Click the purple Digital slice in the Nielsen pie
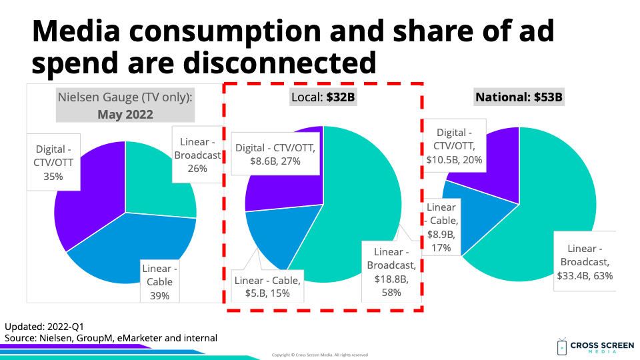(87, 200)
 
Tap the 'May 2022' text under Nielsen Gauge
(125, 114)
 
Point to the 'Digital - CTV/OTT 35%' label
(53, 163)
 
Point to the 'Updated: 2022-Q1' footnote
(45, 327)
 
